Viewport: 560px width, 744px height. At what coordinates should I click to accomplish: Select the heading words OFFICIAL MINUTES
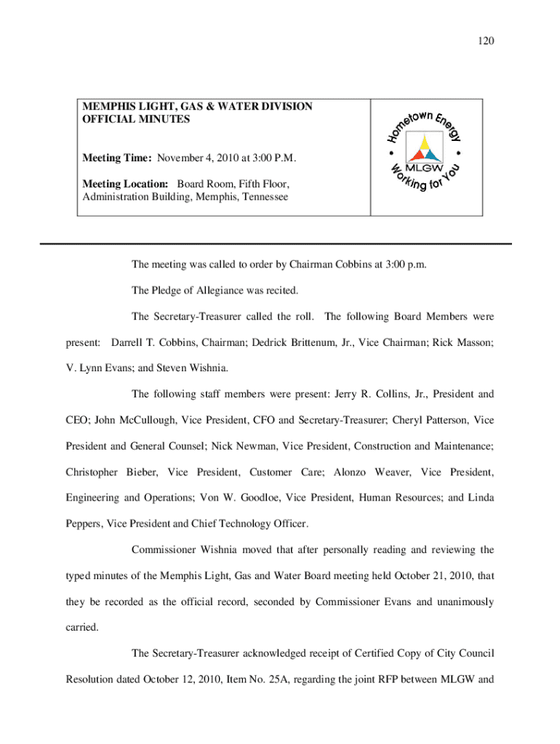(136, 119)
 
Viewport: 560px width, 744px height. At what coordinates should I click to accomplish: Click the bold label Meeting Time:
(117, 158)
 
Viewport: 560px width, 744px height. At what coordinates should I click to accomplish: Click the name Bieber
(140, 472)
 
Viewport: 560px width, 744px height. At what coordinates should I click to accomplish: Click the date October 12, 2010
(152, 680)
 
